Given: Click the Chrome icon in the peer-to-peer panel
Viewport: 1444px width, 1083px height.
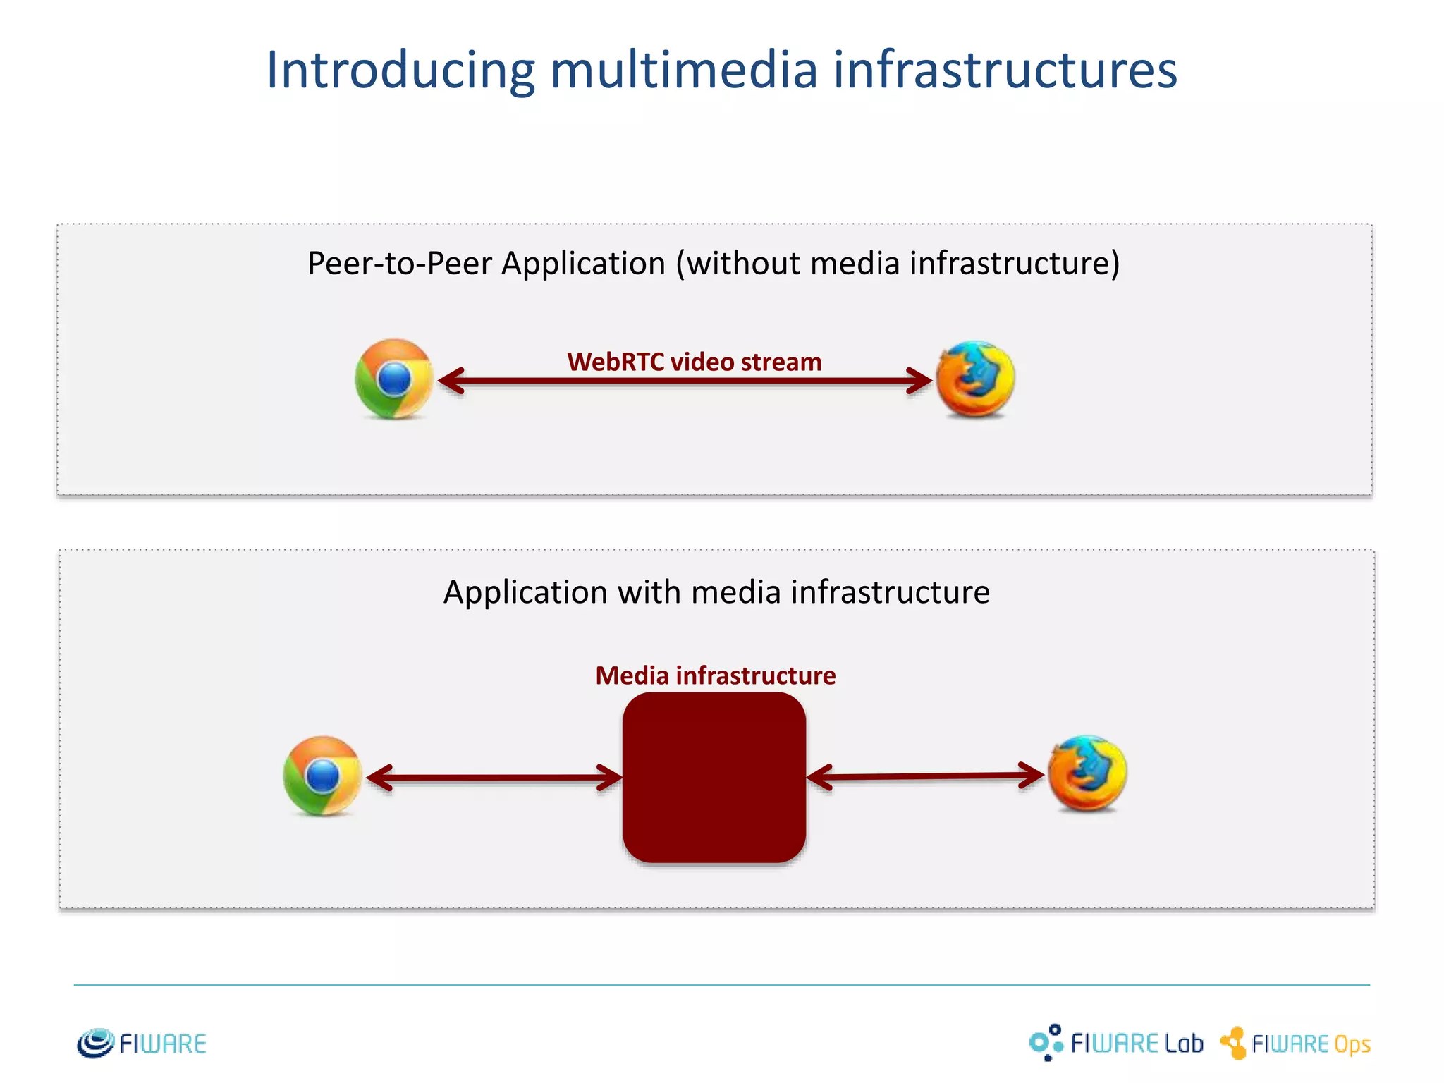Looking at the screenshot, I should pos(394,379).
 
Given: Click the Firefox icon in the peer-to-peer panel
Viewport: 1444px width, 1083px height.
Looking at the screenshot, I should pos(975,379).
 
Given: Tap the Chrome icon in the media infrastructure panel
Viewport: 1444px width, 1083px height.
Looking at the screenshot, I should pos(322,776).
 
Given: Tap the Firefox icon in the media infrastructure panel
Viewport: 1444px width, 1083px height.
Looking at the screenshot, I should pos(1087,773).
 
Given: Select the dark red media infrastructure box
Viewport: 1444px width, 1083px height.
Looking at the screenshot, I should pos(714,777).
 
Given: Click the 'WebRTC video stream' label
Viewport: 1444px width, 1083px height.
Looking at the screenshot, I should pos(695,362).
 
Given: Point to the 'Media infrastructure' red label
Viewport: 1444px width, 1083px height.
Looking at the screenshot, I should pos(715,675).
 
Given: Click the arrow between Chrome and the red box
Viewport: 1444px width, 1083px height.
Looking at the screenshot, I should pos(494,778).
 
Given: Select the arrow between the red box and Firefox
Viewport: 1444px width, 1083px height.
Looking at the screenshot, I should pos(925,776).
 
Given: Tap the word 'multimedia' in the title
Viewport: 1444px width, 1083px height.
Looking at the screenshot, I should pos(684,71).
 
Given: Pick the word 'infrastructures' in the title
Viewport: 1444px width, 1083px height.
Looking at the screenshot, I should pos(1005,71).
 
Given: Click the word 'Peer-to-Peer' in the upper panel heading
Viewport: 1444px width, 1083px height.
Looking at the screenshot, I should pos(400,264).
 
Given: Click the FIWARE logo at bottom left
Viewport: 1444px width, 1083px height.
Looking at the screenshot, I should pos(142,1044).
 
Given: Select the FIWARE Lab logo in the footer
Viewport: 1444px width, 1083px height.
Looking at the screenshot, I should pos(1116,1043).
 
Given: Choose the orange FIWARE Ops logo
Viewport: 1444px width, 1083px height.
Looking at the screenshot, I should pos(1296,1044).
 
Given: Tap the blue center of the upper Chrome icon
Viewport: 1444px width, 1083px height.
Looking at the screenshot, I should pos(394,379).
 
